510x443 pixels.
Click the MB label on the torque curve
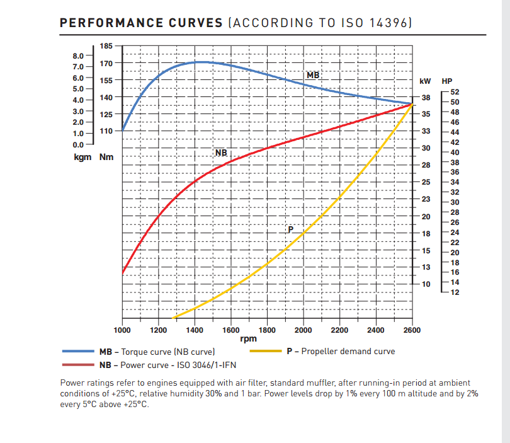point(313,75)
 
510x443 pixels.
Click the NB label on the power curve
point(221,153)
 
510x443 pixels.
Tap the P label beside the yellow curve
point(290,229)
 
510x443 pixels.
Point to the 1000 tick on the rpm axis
point(122,330)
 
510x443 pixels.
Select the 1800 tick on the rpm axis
point(267,330)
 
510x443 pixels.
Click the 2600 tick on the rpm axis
point(412,330)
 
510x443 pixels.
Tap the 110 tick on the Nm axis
point(106,131)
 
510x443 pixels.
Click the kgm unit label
point(82,156)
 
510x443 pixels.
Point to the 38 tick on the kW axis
point(426,98)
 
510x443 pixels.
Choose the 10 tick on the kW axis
point(426,284)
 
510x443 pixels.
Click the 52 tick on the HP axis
point(455,92)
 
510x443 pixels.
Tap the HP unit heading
point(447,81)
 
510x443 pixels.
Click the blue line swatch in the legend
point(78,352)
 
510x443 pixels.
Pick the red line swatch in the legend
point(78,364)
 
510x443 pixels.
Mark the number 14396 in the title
point(389,23)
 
